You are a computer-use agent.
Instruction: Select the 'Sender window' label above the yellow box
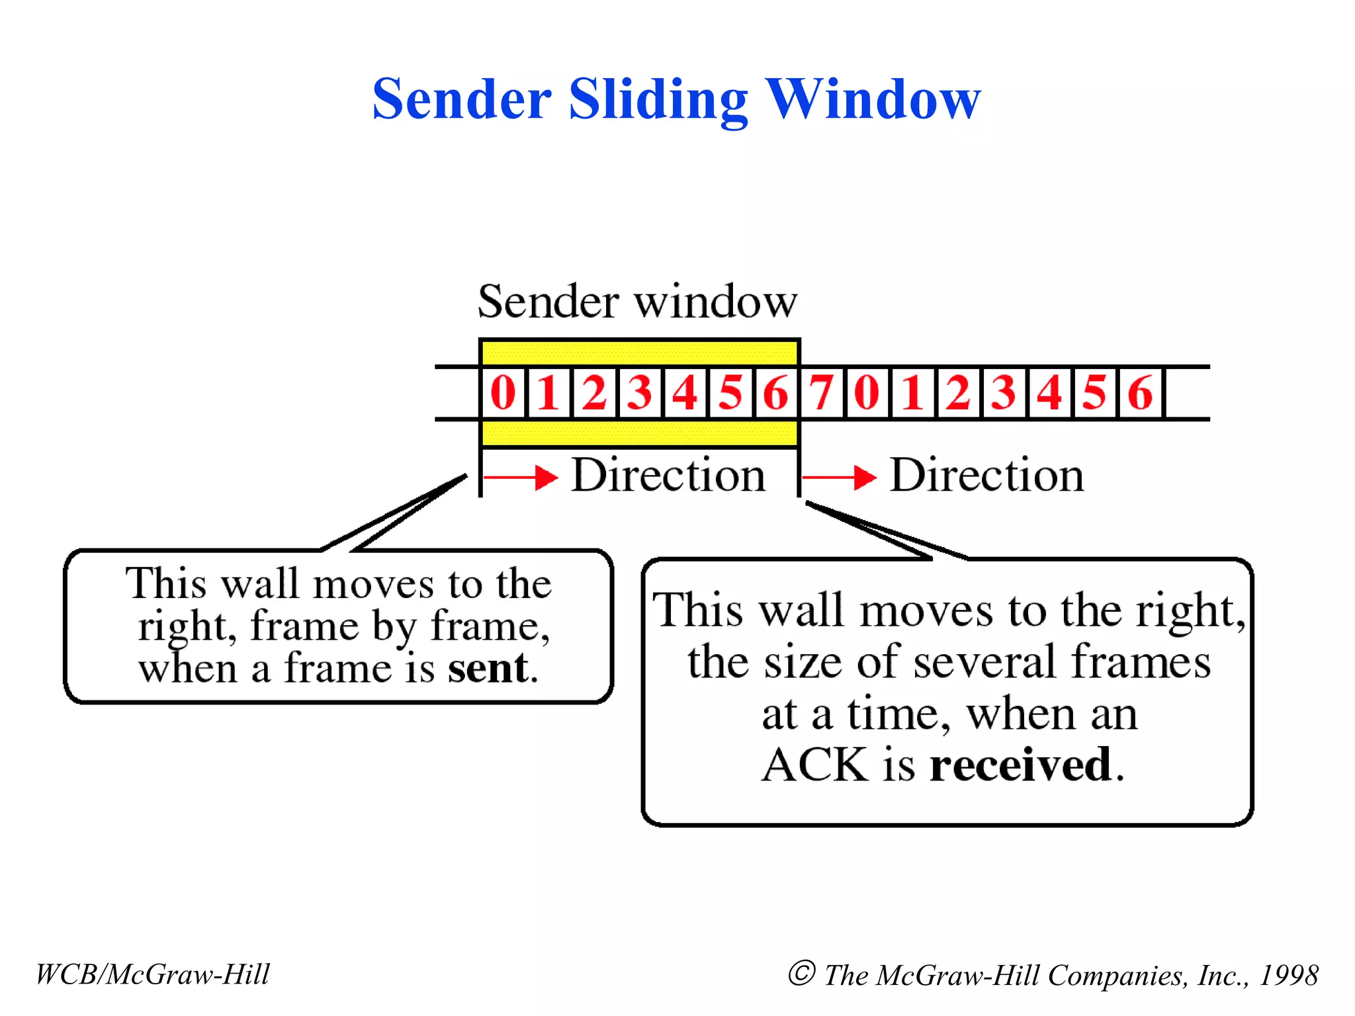tap(637, 302)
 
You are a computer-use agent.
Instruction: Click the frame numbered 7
tap(822, 393)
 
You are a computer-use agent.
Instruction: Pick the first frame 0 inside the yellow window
tap(503, 393)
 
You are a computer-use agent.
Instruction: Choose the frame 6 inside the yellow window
tap(775, 393)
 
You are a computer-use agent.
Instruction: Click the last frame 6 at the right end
tap(1140, 393)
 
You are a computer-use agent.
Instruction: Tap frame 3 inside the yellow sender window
tap(639, 393)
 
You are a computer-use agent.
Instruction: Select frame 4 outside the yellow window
tap(1049, 393)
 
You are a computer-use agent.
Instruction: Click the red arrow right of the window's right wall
tap(840, 477)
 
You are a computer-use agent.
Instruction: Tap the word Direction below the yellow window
tap(668, 475)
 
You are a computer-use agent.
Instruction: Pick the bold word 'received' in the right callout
tap(1021, 765)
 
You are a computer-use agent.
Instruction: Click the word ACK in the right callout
tap(814, 765)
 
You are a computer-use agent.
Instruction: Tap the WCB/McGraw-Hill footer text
tap(153, 974)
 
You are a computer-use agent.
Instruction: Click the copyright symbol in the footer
tap(801, 973)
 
